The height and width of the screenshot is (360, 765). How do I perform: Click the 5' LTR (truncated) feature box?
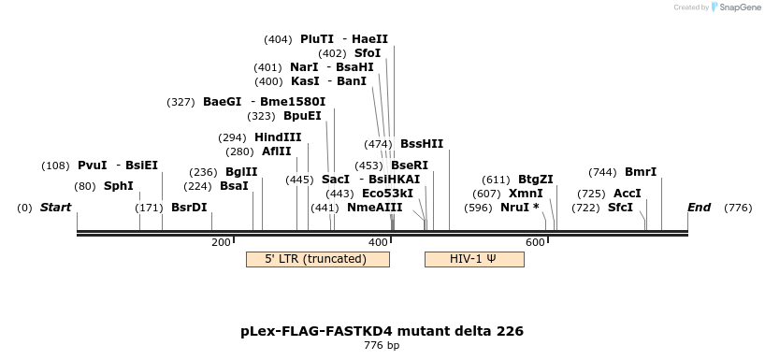pos(317,259)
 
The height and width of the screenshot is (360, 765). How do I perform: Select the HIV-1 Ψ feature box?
pos(473,259)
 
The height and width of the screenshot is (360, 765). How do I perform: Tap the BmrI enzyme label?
pos(641,172)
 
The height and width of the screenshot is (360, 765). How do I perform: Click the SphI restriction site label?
pos(118,186)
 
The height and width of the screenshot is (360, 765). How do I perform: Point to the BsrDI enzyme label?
pos(189,208)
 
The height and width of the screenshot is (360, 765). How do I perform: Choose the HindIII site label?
pos(278,137)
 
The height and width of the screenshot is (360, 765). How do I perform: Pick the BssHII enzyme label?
pos(422,144)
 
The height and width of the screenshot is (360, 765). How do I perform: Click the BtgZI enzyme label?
pos(536,180)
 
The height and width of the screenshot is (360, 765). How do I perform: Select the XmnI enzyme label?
pos(526,194)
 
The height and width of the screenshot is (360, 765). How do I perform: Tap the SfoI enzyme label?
pos(368,53)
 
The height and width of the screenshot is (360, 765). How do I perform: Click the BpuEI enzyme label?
pos(302,116)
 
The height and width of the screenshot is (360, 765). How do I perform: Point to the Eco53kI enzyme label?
pos(387,194)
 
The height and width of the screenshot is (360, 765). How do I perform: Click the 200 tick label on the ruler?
pos(221,243)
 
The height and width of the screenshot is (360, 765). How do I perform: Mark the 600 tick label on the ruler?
pos(535,243)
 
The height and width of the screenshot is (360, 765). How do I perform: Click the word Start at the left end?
pos(55,208)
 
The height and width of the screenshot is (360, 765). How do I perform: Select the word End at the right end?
pos(699,208)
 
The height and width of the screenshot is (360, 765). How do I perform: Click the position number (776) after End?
pos(738,208)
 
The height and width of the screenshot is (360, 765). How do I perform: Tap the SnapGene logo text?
pos(739,7)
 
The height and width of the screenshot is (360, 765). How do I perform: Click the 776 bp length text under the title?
pos(382,346)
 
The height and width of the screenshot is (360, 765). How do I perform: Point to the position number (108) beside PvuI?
pos(55,166)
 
